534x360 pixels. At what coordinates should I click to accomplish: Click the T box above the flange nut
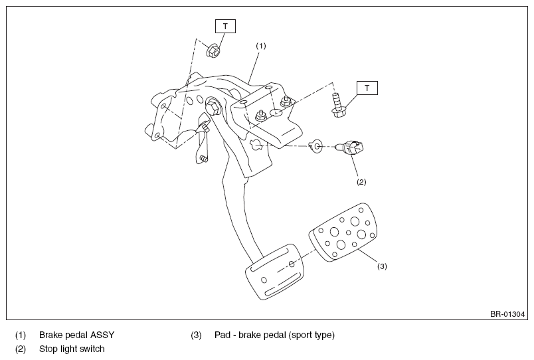pyautogui.click(x=225, y=26)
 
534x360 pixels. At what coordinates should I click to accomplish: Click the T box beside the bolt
pyautogui.click(x=367, y=88)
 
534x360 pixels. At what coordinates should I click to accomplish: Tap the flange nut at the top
pyautogui.click(x=213, y=50)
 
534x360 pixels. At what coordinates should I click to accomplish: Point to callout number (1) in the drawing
pyautogui.click(x=261, y=46)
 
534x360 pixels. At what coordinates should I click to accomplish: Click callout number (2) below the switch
pyautogui.click(x=361, y=182)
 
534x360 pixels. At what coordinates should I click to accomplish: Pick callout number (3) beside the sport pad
pyautogui.click(x=382, y=266)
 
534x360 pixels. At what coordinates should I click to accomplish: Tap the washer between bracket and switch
pyautogui.click(x=316, y=146)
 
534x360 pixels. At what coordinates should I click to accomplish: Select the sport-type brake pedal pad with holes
pyautogui.click(x=343, y=232)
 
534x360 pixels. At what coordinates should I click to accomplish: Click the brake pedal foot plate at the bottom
pyautogui.click(x=274, y=272)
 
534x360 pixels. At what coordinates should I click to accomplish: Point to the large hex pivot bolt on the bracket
pyautogui.click(x=213, y=108)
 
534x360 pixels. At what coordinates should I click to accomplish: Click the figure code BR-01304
pyautogui.click(x=507, y=314)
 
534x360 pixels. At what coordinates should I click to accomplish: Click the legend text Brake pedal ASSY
pyautogui.click(x=76, y=335)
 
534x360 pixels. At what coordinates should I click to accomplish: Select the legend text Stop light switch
pyautogui.click(x=72, y=349)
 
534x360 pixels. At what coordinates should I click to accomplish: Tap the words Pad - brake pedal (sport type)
pyautogui.click(x=274, y=335)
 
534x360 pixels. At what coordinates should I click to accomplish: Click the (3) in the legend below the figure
pyautogui.click(x=196, y=335)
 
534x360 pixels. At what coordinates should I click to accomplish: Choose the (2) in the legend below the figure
pyautogui.click(x=21, y=349)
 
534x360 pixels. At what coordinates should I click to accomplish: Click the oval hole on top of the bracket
pyautogui.click(x=276, y=112)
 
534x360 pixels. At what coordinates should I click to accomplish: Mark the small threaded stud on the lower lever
pyautogui.click(x=204, y=158)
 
